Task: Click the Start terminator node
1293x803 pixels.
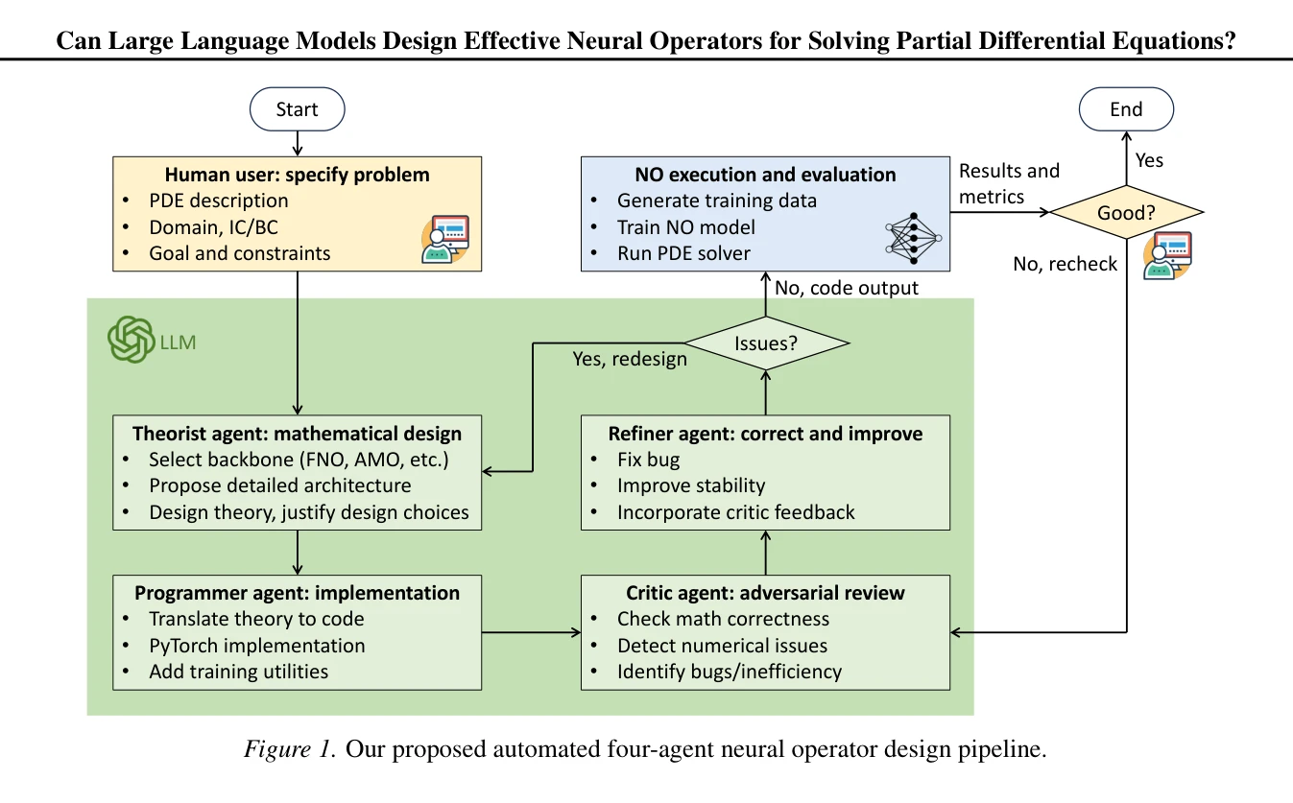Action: [298, 109]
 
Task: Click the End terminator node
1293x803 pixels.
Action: [1126, 109]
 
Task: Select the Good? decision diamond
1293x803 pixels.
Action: [1126, 212]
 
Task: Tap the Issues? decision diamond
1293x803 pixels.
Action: [766, 343]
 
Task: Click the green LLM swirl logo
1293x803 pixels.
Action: [132, 340]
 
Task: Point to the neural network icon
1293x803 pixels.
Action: [914, 238]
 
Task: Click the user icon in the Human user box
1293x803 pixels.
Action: [445, 239]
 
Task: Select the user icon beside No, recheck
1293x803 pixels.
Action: [1168, 256]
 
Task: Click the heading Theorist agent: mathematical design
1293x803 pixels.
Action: [298, 434]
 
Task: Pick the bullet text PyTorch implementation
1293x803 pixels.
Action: [257, 645]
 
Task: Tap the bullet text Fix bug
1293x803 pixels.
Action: [648, 460]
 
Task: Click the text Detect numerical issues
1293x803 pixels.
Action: [722, 645]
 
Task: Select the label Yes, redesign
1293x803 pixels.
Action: [630, 359]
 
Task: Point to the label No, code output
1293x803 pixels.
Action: [847, 288]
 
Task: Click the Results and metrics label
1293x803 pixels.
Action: [1009, 183]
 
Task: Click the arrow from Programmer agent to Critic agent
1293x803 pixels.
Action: [531, 632]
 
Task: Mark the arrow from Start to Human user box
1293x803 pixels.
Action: [298, 144]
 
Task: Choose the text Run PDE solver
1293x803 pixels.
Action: [683, 253]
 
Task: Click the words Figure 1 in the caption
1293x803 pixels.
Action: [290, 748]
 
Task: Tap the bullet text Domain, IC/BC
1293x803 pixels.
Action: [213, 227]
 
